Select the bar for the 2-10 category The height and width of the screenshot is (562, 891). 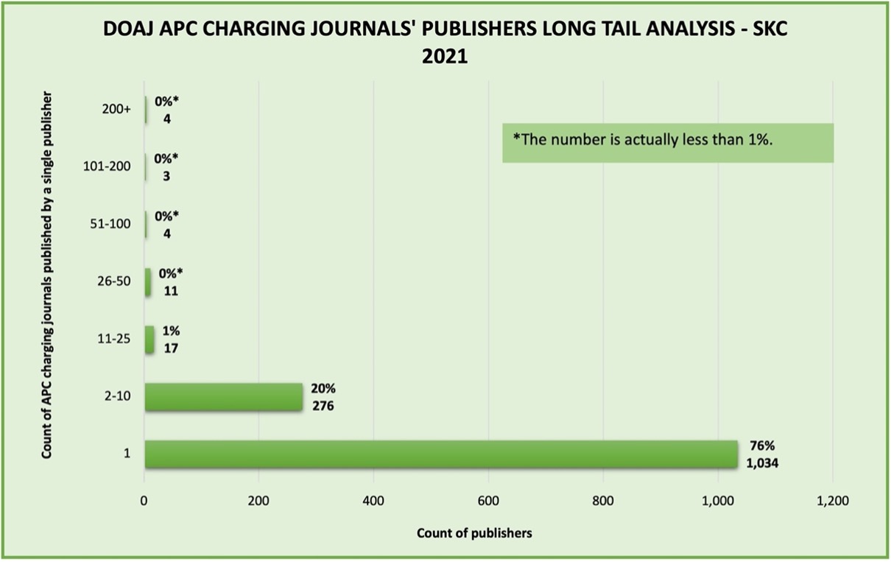[x=223, y=397]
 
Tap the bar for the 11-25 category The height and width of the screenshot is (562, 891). [x=149, y=340]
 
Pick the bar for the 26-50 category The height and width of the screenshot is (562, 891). [x=148, y=283]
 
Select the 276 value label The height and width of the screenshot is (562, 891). [x=323, y=404]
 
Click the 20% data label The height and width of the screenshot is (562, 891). [x=323, y=388]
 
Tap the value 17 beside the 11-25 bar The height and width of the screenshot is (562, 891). [x=171, y=348]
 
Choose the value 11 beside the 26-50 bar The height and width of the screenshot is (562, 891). [x=170, y=290]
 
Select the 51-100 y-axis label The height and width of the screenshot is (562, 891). [x=111, y=224]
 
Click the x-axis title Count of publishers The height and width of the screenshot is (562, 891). [x=474, y=533]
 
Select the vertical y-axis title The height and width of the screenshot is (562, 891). [x=47, y=275]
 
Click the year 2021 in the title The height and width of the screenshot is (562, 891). [x=445, y=57]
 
